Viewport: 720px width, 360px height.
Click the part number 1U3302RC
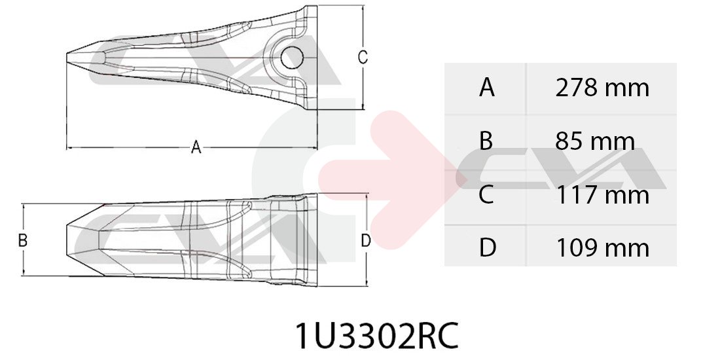[376, 336]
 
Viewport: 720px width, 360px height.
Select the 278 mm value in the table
[602, 87]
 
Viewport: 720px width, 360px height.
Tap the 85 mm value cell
[595, 141]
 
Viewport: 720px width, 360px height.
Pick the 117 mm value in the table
[603, 194]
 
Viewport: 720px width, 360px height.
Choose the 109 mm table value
[603, 248]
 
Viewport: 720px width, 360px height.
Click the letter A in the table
[487, 87]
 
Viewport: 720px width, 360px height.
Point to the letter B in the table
[486, 141]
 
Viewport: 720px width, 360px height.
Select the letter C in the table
[486, 194]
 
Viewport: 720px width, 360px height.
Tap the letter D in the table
[487, 248]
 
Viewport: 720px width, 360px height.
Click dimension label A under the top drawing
[196, 147]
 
